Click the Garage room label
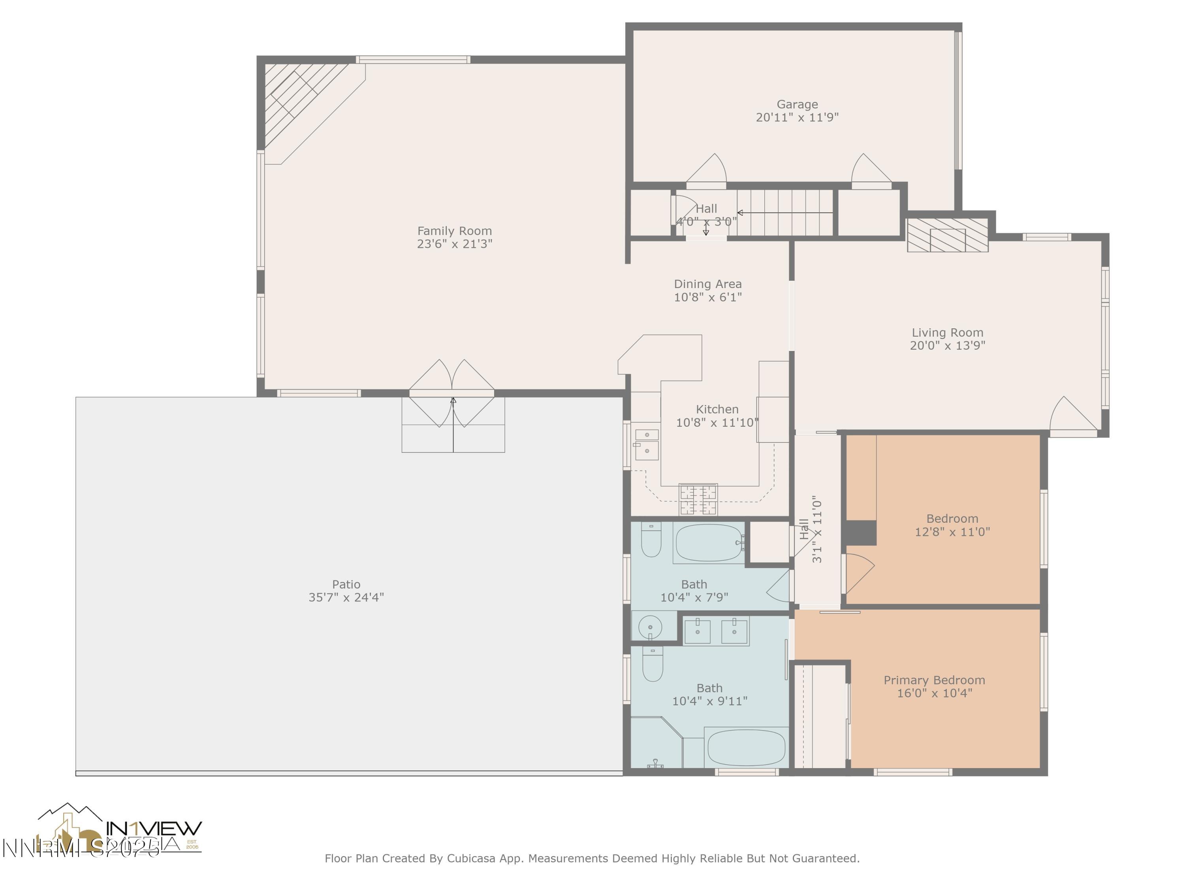(x=797, y=104)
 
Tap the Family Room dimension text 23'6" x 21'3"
(x=454, y=244)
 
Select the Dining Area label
(x=707, y=284)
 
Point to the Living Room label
(x=947, y=332)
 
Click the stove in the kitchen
(x=698, y=499)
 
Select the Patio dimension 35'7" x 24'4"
(x=346, y=597)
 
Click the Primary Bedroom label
(x=934, y=680)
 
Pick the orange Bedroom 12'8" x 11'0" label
(x=952, y=519)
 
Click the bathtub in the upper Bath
(x=709, y=543)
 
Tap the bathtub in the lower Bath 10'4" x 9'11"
(x=746, y=748)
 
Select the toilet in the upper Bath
(x=651, y=540)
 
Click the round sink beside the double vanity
(x=650, y=626)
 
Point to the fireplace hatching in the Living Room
(x=947, y=235)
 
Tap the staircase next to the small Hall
(x=784, y=213)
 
